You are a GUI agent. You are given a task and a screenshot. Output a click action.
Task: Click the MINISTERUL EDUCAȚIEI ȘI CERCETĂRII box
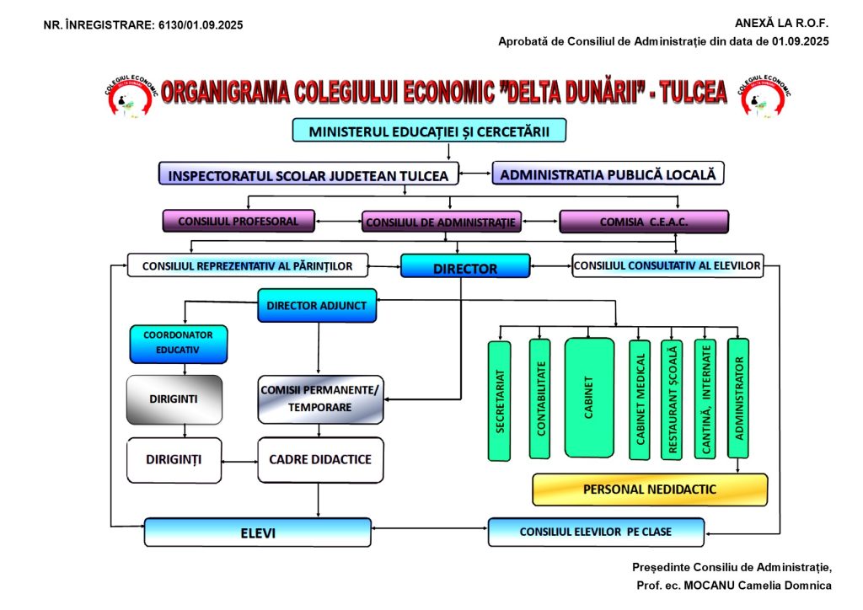(x=429, y=131)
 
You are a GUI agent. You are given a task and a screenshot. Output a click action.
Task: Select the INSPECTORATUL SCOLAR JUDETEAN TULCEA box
(x=308, y=174)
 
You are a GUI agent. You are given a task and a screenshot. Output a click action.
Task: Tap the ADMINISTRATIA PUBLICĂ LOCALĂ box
(x=608, y=174)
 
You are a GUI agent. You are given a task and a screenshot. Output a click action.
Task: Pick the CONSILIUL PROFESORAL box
(x=239, y=221)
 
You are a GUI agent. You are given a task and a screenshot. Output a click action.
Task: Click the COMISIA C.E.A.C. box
(x=644, y=222)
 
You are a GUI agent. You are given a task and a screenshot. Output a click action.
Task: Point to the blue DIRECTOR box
(x=465, y=267)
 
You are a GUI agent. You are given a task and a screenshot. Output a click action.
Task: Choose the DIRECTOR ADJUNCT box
(x=317, y=305)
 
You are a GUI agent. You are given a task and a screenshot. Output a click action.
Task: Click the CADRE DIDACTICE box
(x=320, y=460)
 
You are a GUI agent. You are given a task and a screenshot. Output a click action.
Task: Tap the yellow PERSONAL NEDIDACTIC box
(x=650, y=490)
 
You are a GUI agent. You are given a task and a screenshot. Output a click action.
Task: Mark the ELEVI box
(x=257, y=532)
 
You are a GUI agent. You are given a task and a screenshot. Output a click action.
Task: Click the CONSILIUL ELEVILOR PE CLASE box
(x=597, y=532)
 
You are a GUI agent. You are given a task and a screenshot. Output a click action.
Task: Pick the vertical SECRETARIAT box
(x=500, y=401)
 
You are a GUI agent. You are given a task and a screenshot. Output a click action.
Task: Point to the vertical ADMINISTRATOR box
(x=738, y=398)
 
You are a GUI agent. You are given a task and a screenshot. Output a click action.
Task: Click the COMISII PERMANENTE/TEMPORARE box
(x=320, y=399)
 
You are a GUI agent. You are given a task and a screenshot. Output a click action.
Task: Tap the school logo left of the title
(x=128, y=92)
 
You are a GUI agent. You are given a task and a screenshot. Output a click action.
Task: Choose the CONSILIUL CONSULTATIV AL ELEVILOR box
(x=667, y=266)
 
